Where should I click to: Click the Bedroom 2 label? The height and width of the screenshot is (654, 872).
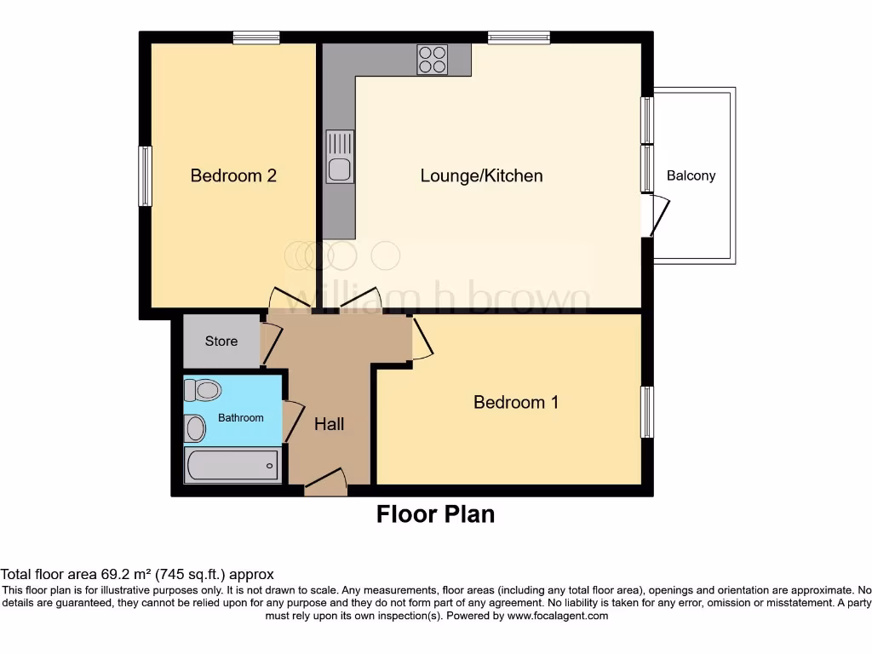coord(233,176)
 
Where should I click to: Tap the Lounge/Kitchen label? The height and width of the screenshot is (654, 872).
coord(481,176)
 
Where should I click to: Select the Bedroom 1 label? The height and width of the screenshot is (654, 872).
coord(516,402)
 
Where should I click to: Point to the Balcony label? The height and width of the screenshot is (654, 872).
coord(691,176)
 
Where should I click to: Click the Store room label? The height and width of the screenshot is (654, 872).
coord(221,341)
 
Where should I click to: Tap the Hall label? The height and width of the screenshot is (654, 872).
coord(330,423)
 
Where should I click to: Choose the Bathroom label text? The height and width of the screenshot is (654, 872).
coord(241,418)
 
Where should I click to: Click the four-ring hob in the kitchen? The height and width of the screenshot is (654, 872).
coord(433,60)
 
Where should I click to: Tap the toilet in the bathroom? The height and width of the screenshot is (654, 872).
coord(203,390)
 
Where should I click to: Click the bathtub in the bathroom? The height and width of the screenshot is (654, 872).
coord(232,466)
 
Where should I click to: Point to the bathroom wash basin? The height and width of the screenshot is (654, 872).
coord(195,428)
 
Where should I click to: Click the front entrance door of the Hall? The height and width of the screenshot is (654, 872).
coord(325,484)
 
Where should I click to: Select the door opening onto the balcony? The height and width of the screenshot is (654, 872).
coord(657,215)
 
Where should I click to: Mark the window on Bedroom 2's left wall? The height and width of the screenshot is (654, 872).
coord(146,176)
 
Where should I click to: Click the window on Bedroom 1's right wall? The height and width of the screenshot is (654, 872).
coord(647,412)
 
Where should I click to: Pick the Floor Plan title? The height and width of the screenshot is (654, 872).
coord(435,514)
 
